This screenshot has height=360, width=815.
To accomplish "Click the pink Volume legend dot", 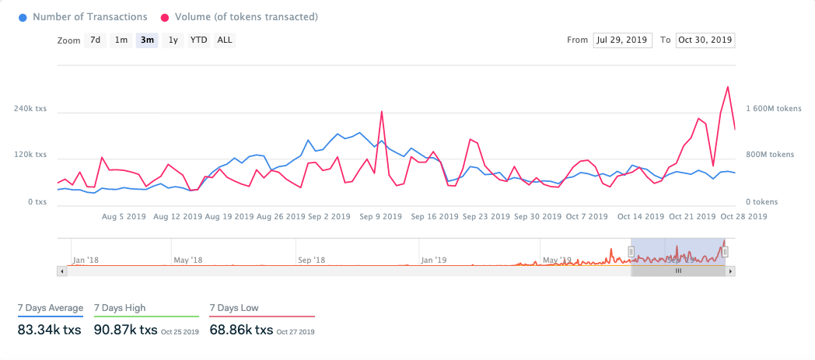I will (x=166, y=16).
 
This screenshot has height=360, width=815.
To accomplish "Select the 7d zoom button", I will (x=95, y=40).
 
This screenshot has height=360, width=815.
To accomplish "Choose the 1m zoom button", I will (x=121, y=40).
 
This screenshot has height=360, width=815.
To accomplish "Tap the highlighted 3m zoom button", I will (x=146, y=40).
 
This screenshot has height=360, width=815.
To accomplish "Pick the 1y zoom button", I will (x=173, y=40).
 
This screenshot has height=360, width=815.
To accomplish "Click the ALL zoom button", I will (x=224, y=40).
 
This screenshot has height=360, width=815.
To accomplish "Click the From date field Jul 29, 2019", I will (x=622, y=40).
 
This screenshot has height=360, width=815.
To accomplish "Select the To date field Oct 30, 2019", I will (x=705, y=40).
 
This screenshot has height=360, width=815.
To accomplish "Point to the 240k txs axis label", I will (x=30, y=110).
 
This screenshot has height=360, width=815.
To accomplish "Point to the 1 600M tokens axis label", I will (x=774, y=110).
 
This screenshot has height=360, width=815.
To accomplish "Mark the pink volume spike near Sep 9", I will (x=382, y=112).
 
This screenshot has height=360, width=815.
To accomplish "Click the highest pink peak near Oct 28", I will (x=727, y=87).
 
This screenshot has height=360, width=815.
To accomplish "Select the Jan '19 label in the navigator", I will (x=432, y=260).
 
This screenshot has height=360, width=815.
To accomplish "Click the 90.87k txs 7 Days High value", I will (x=126, y=330).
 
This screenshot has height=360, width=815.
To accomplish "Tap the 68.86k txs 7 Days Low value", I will (x=241, y=330).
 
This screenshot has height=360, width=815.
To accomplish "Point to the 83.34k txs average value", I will (x=49, y=330).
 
